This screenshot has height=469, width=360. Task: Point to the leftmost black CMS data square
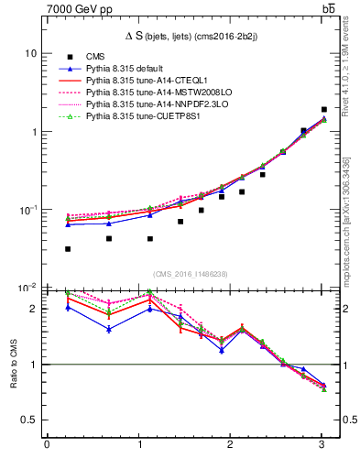[68, 248]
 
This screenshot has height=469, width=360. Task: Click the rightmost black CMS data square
[324, 109]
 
